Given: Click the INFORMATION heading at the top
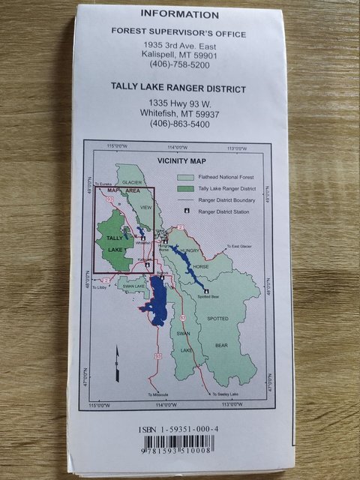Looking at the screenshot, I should coord(179,14).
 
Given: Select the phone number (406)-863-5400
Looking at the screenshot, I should coord(178,124).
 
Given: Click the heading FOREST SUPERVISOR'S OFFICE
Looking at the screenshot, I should coord(178,31).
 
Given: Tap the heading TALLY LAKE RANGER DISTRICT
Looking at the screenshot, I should coord(178,89).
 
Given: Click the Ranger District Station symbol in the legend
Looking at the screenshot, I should coord(187,212).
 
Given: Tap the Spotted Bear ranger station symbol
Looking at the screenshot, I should coord(205,290).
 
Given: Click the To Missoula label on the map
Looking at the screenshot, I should coord(158,395).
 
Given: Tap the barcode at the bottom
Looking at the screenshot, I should coord(179,447).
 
